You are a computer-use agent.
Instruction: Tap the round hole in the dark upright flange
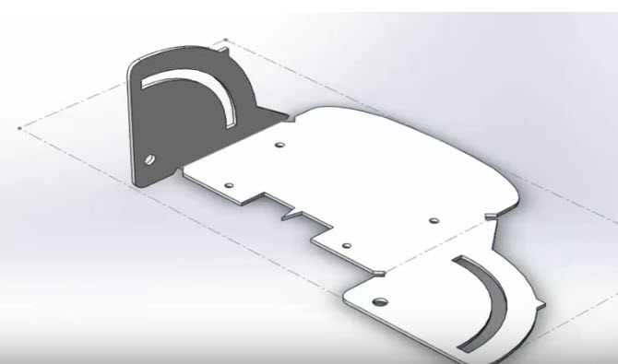point(149,159)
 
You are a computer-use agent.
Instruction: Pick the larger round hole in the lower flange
point(378,300)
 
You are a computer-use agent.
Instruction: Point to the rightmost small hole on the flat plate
point(433,220)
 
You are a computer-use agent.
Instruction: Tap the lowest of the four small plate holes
point(346,246)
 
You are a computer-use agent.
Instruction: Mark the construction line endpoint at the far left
point(20,128)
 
